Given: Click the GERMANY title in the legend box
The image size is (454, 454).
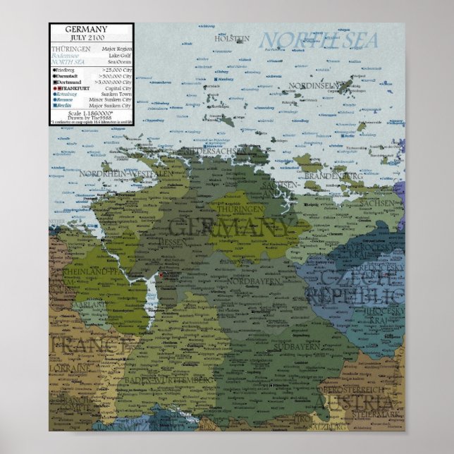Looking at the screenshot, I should (86, 30).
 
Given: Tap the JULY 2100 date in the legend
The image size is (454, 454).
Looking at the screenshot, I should (86, 37).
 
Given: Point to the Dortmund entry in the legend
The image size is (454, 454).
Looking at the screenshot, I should (68, 82).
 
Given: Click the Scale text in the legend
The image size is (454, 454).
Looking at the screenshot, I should (85, 113).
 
